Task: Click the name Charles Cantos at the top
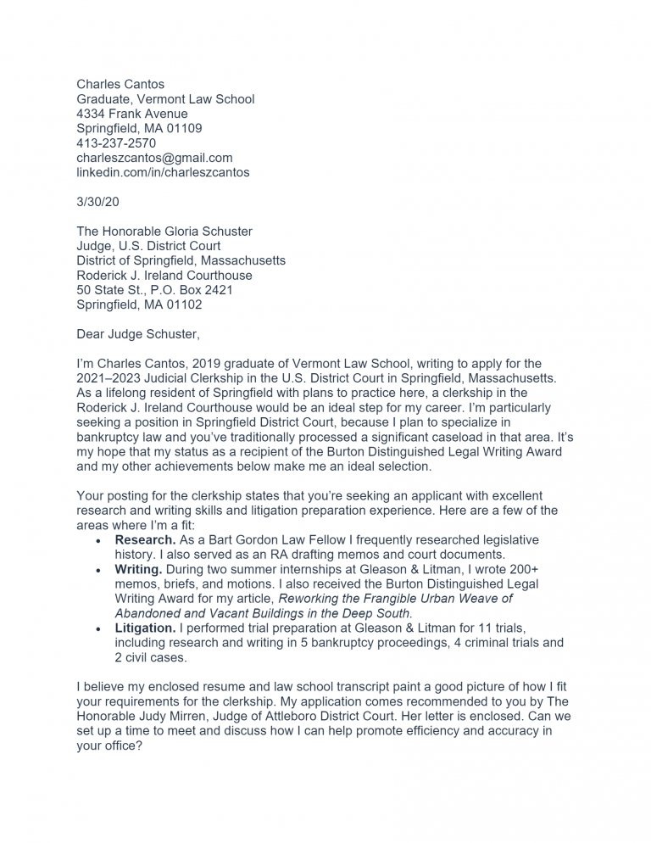(x=120, y=84)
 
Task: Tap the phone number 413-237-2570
(x=116, y=143)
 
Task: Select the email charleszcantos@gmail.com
(x=154, y=158)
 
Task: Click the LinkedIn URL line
(x=163, y=172)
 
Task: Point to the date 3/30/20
(x=98, y=202)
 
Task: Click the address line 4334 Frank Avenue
(x=132, y=114)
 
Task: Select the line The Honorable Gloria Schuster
(x=164, y=232)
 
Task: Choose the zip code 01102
(x=184, y=304)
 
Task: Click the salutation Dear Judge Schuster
(x=138, y=334)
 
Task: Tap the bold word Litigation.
(x=145, y=628)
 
